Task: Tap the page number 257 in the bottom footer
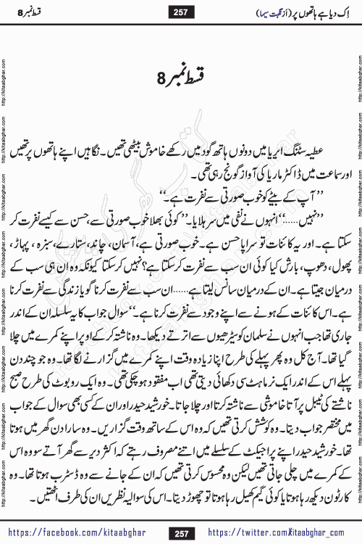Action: click(180, 532)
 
